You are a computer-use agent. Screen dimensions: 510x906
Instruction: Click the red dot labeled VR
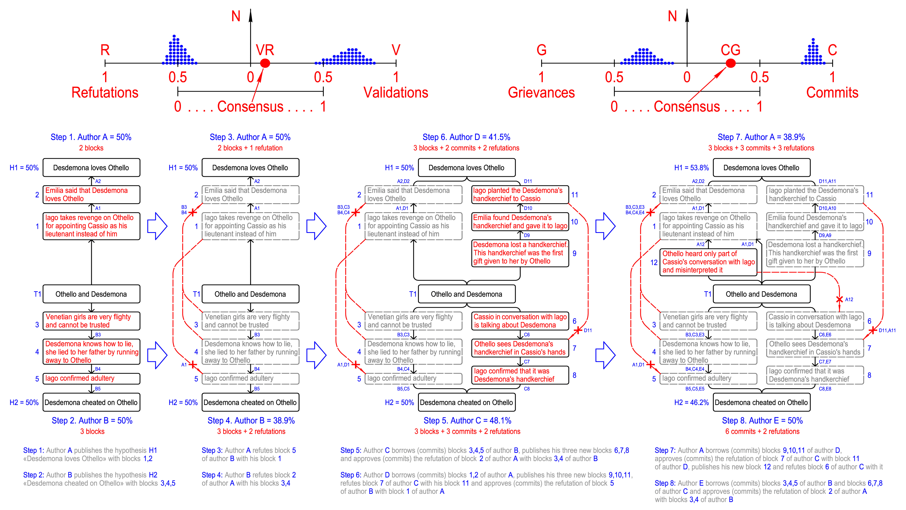(265, 63)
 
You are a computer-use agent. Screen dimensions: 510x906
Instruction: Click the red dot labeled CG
(731, 63)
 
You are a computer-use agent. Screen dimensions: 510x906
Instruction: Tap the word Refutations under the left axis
(105, 93)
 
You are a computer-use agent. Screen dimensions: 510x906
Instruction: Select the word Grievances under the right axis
(541, 93)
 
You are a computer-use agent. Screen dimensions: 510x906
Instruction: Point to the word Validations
(396, 93)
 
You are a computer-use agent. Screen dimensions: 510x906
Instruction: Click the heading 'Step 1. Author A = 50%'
(91, 137)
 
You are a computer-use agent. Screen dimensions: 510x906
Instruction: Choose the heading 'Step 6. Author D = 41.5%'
(466, 137)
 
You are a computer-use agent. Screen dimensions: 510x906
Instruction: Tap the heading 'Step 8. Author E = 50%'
(762, 420)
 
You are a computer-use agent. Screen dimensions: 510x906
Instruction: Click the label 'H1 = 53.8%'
(691, 168)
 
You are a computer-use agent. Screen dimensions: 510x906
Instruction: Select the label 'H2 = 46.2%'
(691, 402)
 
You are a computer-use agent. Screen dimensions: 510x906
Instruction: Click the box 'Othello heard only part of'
(708, 262)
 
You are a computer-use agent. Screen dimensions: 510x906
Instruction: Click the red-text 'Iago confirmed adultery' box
(92, 378)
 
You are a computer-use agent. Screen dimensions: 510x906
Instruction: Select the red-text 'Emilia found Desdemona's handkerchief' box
(520, 222)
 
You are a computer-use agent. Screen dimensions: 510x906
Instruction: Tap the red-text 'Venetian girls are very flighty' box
(92, 321)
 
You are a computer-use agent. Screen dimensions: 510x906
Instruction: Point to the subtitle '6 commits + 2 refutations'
(762, 431)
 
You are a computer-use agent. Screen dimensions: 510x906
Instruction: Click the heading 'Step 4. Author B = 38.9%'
(251, 420)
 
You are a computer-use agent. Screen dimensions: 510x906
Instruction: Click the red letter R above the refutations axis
(105, 50)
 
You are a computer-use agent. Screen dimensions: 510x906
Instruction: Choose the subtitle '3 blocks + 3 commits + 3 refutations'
(761, 148)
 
